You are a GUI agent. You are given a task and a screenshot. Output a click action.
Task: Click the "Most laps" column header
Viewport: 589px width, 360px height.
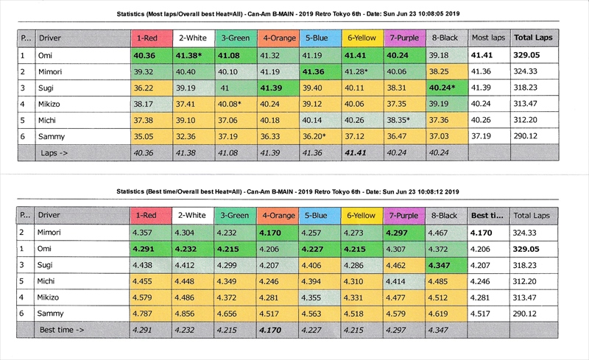click(x=487, y=38)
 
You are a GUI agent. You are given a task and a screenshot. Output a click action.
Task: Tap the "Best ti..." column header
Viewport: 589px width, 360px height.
click(x=487, y=215)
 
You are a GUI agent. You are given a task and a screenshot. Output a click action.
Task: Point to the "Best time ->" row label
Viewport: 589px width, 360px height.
click(x=62, y=331)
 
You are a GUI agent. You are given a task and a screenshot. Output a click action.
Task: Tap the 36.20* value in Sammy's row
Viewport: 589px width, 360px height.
click(x=318, y=136)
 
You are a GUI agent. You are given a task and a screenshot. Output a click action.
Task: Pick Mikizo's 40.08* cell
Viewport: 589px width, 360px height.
click(x=235, y=104)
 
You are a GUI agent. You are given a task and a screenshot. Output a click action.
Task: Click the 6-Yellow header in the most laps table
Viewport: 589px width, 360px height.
click(x=360, y=38)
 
